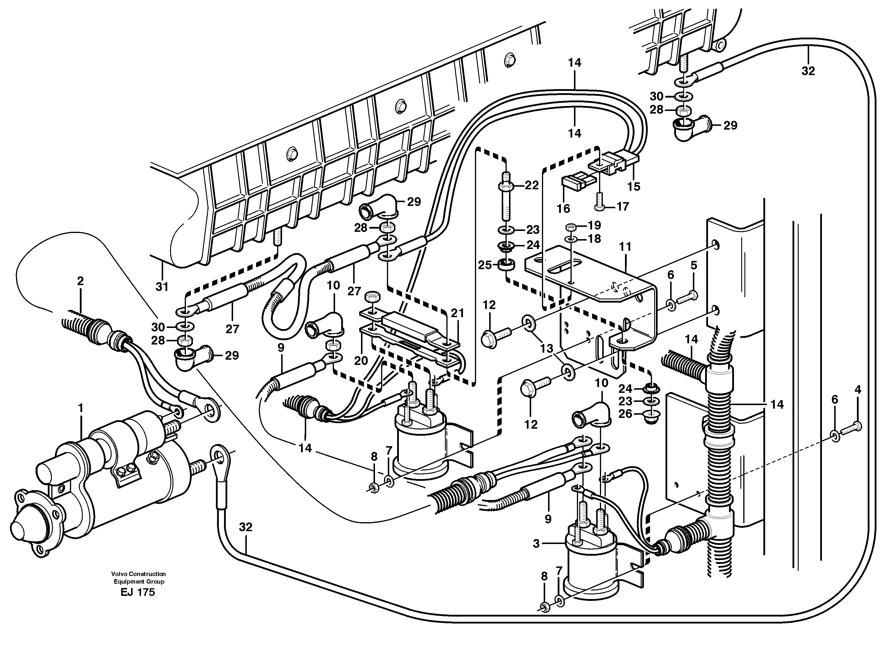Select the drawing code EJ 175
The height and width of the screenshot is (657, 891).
(x=138, y=593)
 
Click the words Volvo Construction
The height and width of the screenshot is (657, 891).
(x=138, y=574)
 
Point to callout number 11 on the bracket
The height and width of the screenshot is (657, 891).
(x=625, y=247)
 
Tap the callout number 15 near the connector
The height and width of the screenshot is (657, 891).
(x=633, y=186)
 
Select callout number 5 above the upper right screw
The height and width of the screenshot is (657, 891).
(x=694, y=265)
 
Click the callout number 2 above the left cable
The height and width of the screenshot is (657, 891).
(x=80, y=281)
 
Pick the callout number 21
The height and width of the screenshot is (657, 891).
(x=458, y=313)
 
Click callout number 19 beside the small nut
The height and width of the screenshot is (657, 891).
(x=594, y=225)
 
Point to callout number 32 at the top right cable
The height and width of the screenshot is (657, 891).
(x=808, y=71)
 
